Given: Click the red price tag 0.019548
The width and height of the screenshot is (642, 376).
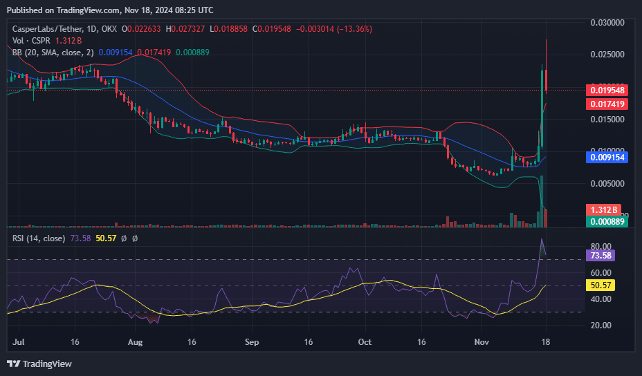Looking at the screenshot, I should coord(606,90).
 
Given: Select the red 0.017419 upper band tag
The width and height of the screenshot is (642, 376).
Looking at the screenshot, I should coord(606,104).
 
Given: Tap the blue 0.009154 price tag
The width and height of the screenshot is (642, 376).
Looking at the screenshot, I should coord(606,158).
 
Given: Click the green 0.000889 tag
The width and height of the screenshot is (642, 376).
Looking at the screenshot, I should coord(606,221).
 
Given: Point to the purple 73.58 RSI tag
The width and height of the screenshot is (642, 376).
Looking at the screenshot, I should coord(600,254).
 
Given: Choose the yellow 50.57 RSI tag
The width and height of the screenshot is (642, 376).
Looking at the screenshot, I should coord(600,285).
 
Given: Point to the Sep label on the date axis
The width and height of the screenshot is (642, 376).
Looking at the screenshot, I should coord(252,341).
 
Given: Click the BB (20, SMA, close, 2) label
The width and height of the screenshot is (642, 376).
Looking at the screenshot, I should coord(53,52).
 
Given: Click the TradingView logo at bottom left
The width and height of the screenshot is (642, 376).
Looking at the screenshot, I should coord(39,364).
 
